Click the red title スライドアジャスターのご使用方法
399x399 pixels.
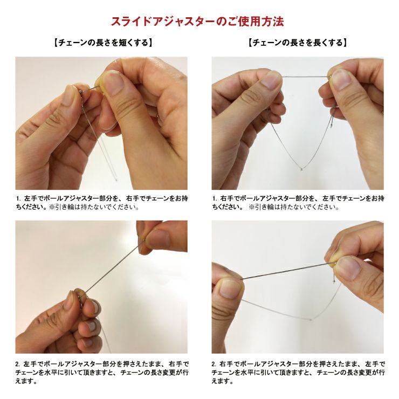click(x=197, y=22)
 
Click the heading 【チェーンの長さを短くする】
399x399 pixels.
click(x=103, y=43)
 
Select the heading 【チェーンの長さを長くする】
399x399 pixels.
click(x=298, y=43)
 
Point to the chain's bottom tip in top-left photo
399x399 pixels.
click(x=116, y=180)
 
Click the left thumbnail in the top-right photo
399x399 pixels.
click(x=271, y=80)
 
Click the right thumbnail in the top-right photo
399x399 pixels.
click(x=340, y=79)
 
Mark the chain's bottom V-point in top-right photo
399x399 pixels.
click(x=301, y=168)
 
